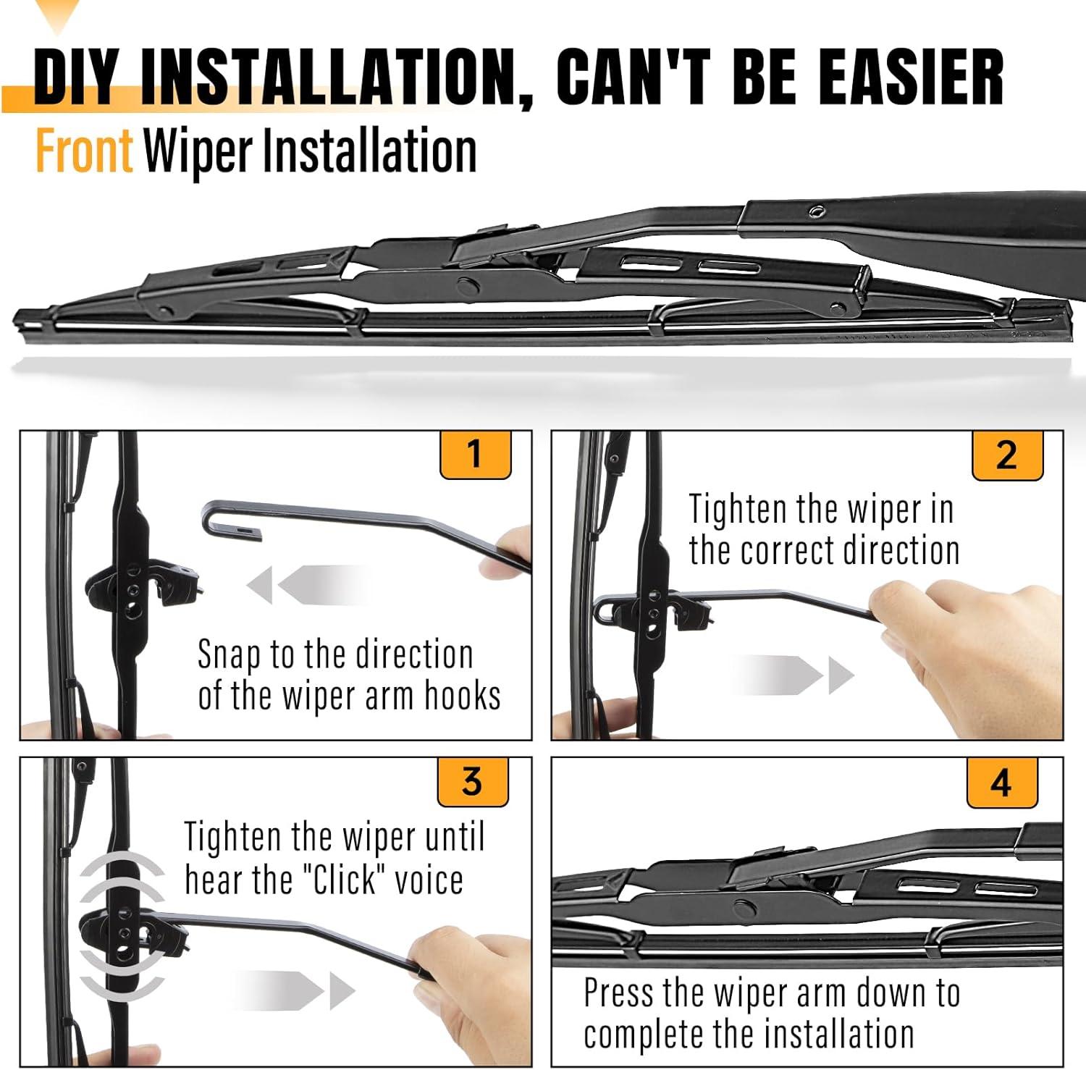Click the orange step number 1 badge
pos(476,455)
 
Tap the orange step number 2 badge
pos(1007,455)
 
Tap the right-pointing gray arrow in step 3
pos(293,990)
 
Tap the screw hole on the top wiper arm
pos(817,212)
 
